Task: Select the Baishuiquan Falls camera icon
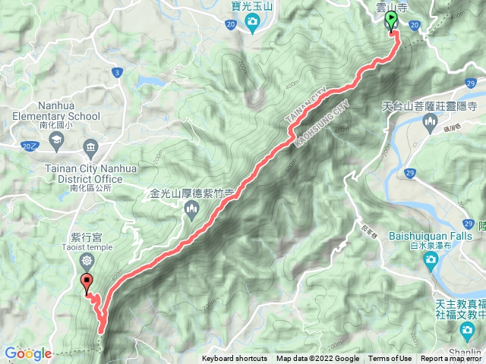pyautogui.click(x=431, y=261)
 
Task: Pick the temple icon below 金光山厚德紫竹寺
pyautogui.click(x=190, y=209)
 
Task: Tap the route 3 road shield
pyautogui.click(x=117, y=72)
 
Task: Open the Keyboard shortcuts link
pyautogui.click(x=235, y=359)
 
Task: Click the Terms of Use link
pyautogui.click(x=390, y=359)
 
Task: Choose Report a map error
pyautogui.click(x=453, y=359)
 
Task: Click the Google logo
pyautogui.click(x=27, y=353)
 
